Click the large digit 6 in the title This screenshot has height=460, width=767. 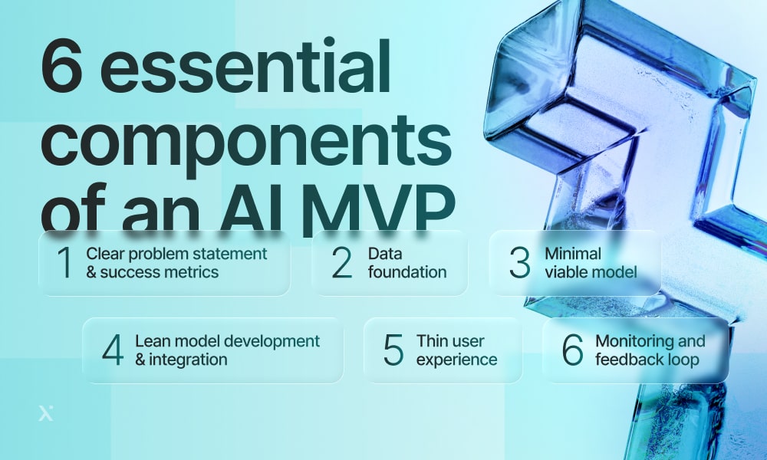(61, 67)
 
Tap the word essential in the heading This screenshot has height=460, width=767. (245, 66)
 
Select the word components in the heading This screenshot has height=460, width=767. (246, 142)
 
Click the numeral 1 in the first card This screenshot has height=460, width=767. (65, 262)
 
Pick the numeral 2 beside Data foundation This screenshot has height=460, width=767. (341, 262)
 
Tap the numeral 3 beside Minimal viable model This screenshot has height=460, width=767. (519, 262)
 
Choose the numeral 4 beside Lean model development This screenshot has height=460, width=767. (113, 350)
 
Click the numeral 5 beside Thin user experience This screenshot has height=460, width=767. (393, 350)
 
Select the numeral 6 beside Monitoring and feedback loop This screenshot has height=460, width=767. (572, 350)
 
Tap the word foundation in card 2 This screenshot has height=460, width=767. (407, 272)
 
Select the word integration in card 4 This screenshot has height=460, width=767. (189, 360)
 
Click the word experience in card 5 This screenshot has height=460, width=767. (457, 360)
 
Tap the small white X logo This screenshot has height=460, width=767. (46, 413)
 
